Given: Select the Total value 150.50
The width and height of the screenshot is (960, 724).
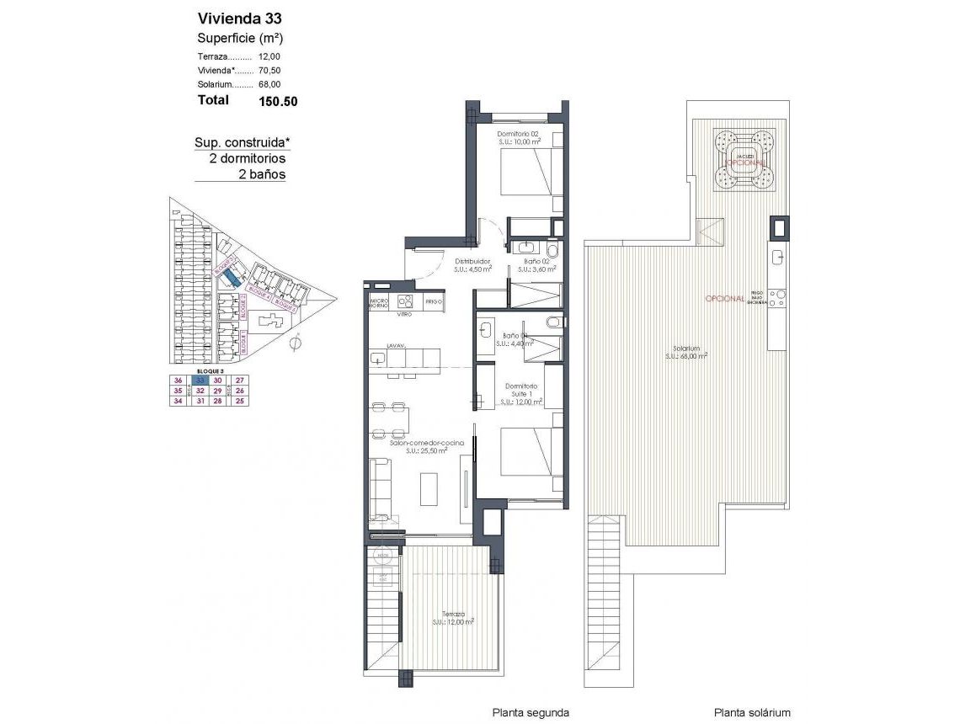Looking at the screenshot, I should click(278, 101).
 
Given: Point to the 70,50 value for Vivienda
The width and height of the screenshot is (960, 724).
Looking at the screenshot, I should click(269, 70).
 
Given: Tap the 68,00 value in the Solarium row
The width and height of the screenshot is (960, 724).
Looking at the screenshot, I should click(269, 84).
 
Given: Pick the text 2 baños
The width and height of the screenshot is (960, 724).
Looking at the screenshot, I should click(262, 175).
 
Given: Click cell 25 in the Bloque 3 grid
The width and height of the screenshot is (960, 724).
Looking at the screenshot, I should click(240, 402).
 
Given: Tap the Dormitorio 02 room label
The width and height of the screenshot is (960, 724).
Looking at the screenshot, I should click(517, 135).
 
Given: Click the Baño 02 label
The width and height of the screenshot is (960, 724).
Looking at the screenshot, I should click(536, 262).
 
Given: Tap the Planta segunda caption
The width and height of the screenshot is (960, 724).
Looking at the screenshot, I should click(531, 712).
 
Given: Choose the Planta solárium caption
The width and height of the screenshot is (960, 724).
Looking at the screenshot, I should click(752, 712).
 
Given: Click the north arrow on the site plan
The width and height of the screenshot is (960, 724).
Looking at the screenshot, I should click(296, 343).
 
